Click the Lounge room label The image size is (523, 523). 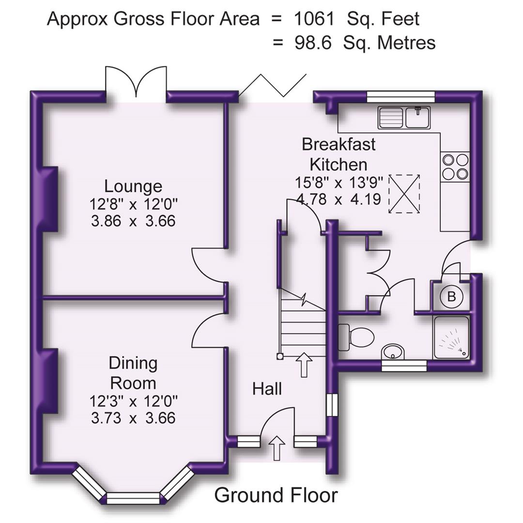133,186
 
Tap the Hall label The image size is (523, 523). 267,388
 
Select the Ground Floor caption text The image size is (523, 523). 276,495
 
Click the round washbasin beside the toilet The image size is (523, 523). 393,352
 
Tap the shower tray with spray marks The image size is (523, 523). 451,338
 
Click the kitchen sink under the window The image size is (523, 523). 404,118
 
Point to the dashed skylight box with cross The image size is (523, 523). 405,194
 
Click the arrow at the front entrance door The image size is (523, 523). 277,448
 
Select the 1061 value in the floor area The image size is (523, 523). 314,19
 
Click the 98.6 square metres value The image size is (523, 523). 313,43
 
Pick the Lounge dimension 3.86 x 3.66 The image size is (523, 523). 133,221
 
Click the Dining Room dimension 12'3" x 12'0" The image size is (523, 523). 133,401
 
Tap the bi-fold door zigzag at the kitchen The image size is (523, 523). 273,86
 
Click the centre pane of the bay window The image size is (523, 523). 133,498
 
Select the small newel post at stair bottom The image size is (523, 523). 280,356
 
